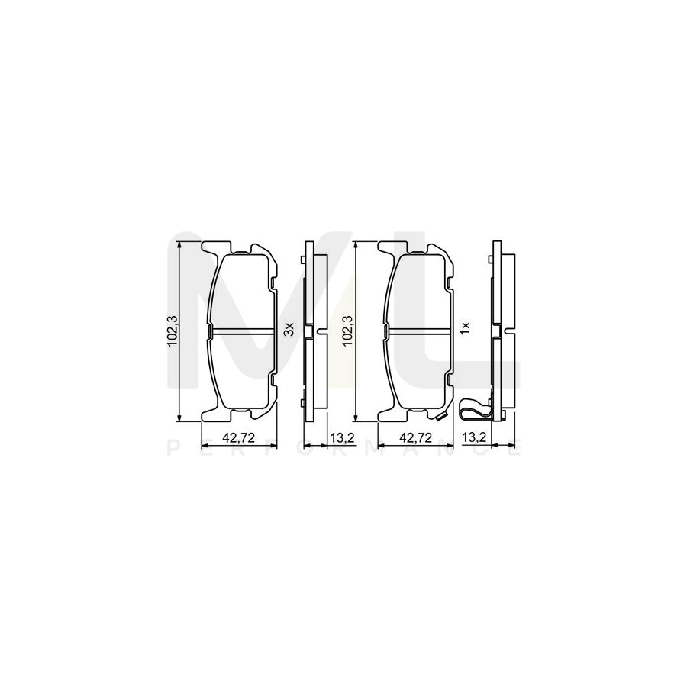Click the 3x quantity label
(x=289, y=329)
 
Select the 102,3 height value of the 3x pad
(x=173, y=330)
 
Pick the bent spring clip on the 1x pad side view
(x=473, y=411)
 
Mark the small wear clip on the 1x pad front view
(x=439, y=416)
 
